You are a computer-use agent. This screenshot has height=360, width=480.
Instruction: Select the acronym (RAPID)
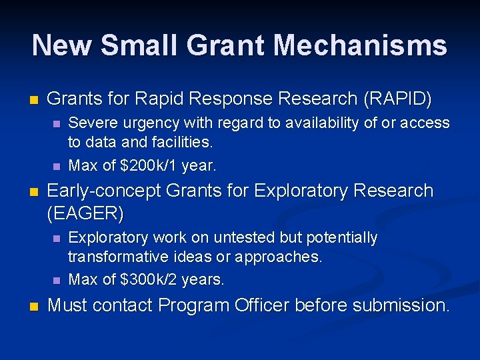click(397, 99)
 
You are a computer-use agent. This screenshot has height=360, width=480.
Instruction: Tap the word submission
click(400, 305)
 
